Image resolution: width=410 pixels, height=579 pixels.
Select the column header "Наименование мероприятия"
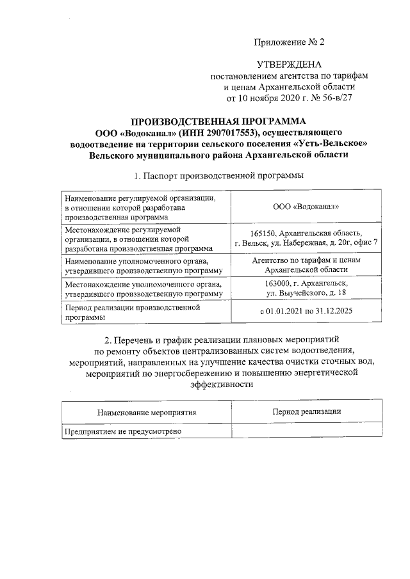click(146, 413)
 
